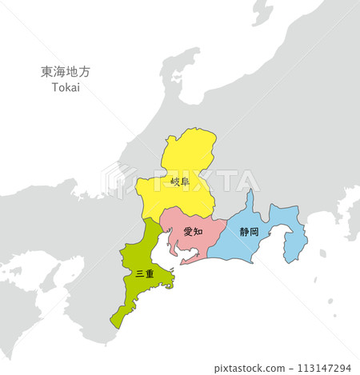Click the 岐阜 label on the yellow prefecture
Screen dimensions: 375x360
tap(180, 182)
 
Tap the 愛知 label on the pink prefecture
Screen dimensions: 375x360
tap(193, 231)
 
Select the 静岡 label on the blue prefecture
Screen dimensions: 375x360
tap(249, 232)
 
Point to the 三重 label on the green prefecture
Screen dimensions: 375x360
tap(145, 273)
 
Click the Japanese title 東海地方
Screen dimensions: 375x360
tap(66, 71)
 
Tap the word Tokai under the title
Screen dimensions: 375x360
tap(66, 86)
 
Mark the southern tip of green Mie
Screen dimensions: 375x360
tap(116, 324)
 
